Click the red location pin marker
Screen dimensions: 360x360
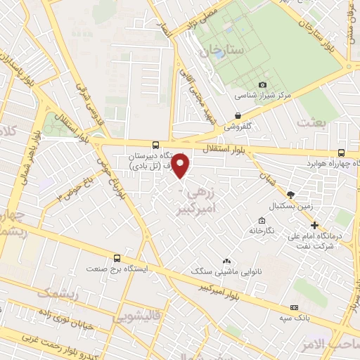[181, 166]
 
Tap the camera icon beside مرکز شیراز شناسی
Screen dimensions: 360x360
[263, 84]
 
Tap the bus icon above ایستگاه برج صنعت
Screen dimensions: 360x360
[117, 258]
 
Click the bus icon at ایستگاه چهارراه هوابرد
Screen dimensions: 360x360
[341, 152]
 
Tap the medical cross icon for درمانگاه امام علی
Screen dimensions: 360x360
[314, 226]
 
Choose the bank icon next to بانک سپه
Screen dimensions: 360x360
[294, 307]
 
